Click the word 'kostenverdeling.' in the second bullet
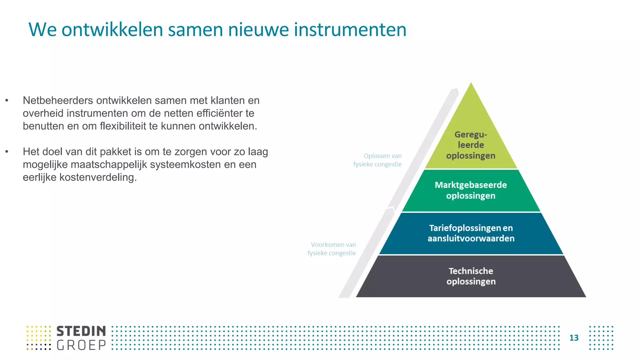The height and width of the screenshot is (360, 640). point(80,177)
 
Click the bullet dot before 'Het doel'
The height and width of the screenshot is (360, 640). point(7,152)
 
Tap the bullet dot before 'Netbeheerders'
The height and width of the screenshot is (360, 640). point(7,101)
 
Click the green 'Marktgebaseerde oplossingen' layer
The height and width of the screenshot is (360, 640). point(471,190)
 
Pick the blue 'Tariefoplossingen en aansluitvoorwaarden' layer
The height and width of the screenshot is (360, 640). point(471,233)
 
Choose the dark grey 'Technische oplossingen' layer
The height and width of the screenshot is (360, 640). point(471,276)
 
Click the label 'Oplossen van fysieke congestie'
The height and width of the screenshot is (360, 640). point(377,160)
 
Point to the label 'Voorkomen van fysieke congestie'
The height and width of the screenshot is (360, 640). point(332,249)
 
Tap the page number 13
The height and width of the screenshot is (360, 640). point(574,338)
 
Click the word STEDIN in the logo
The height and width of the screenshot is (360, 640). point(81,331)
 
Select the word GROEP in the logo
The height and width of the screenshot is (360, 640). point(81,345)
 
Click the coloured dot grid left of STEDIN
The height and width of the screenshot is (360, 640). point(39,338)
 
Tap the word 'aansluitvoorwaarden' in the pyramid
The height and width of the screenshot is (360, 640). point(471,239)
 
